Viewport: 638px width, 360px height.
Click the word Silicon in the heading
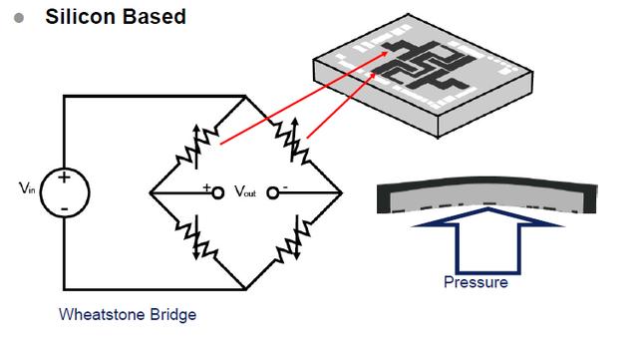point(80,17)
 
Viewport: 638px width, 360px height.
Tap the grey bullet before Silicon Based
point(19,18)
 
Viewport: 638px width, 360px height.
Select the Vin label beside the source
point(27,188)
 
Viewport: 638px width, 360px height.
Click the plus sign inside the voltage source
point(64,178)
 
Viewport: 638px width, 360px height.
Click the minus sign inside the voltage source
point(64,209)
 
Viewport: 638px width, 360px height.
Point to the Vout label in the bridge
point(245,191)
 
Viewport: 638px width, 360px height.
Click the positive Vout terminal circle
point(217,192)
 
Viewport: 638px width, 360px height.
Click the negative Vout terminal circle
point(272,192)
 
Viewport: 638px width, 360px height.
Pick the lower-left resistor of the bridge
point(197,238)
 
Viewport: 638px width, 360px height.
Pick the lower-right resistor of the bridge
point(294,240)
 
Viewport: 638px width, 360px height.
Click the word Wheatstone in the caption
point(103,314)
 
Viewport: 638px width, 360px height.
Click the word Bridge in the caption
point(172,315)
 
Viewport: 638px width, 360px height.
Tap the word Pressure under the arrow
point(476,282)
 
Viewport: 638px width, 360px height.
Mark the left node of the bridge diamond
point(151,192)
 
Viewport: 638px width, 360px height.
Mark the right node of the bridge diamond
point(341,192)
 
